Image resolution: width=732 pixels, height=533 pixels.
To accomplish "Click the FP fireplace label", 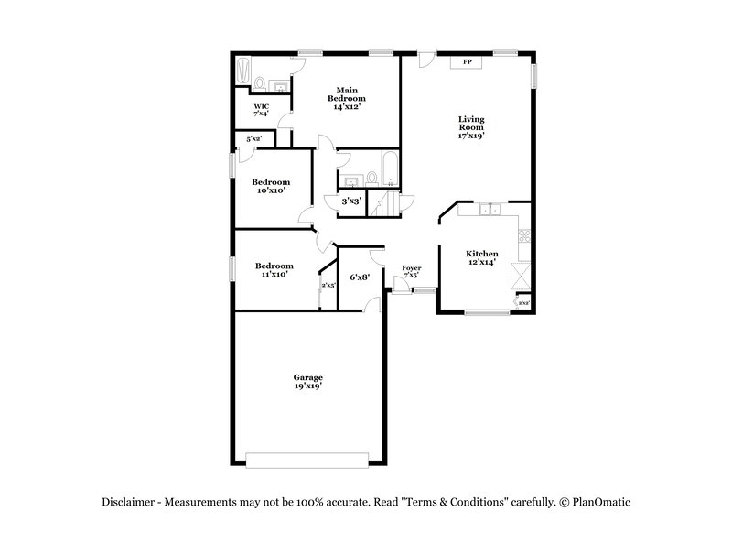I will click(467, 62).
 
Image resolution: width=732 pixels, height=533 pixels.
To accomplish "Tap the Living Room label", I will click(471, 126).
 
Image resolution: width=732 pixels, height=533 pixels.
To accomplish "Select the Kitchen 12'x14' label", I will click(482, 257).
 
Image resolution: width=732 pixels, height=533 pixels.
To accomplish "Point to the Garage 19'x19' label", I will click(307, 382).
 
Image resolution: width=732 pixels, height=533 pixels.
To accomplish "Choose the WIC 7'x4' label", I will click(261, 110).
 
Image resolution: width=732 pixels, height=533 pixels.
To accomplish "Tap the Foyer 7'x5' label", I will click(412, 271).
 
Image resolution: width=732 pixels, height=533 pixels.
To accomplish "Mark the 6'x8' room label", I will click(360, 277).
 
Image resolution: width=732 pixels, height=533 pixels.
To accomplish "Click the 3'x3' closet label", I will click(350, 201).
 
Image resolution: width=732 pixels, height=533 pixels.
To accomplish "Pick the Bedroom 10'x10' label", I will click(272, 186).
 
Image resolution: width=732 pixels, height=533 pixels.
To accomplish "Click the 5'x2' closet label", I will click(253, 139).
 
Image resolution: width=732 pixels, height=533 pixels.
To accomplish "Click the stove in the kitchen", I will click(524, 236).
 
